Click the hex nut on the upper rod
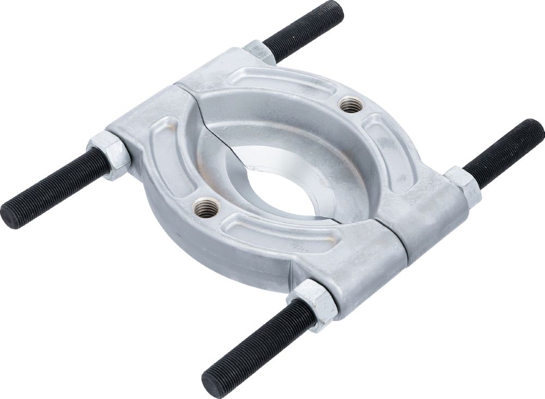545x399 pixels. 259,52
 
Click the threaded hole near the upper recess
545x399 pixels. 350,104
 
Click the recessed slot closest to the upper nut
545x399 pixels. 278,82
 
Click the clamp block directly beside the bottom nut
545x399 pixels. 354,272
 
